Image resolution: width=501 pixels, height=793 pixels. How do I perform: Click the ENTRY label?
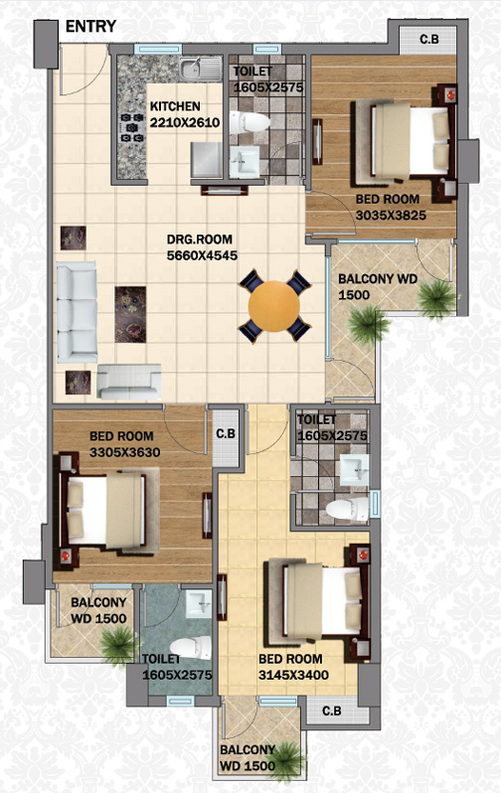(91, 26)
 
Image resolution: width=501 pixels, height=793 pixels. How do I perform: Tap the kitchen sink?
(201, 69)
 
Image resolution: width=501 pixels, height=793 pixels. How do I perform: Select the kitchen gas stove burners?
(131, 127)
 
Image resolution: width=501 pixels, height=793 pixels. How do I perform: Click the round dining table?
(274, 306)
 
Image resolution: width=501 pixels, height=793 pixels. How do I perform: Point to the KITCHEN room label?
(175, 106)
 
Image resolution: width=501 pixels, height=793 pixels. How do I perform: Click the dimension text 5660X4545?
(202, 255)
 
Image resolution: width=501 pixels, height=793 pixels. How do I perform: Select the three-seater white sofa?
(77, 312)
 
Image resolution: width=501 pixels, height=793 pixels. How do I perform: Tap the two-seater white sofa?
(129, 382)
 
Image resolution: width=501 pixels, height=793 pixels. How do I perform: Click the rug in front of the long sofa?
(130, 315)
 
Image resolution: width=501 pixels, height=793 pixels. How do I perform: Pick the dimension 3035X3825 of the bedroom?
(391, 215)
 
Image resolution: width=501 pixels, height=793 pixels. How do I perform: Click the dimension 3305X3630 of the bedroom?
(125, 452)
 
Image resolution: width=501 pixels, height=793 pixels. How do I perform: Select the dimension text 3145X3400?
(293, 675)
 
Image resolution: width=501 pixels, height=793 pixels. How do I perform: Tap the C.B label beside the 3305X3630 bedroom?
(226, 434)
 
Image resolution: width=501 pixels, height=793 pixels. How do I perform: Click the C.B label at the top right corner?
(429, 39)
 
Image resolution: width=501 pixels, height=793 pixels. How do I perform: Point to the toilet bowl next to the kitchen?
(250, 123)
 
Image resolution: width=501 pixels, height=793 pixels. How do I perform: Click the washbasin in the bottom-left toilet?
(199, 604)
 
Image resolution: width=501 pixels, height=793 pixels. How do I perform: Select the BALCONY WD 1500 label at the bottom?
(248, 757)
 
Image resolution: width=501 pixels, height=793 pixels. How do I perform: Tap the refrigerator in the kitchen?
(207, 160)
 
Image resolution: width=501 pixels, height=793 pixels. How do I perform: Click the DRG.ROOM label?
(200, 239)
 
